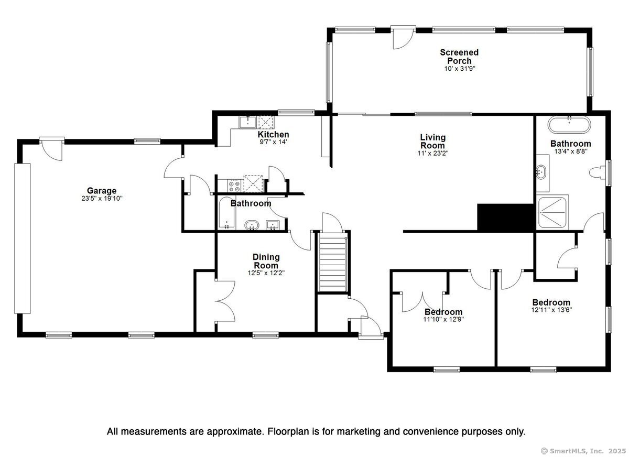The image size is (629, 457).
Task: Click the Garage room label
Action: (102, 191)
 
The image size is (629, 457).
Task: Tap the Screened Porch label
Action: (459, 57)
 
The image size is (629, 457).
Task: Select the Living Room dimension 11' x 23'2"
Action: (433, 153)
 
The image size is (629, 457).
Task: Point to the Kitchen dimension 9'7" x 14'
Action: (273, 142)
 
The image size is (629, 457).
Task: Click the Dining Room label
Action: (266, 261)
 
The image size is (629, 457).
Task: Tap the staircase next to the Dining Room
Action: (333, 264)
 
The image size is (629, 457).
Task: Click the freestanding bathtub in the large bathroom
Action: (569, 125)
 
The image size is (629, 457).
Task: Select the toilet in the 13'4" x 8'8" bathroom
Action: (597, 172)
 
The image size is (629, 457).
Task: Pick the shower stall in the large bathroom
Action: (552, 212)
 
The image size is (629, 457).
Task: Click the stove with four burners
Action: (234, 186)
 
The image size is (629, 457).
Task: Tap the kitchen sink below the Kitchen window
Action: (247, 123)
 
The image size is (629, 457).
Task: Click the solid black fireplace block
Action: (505, 217)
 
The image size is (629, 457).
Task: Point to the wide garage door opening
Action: (23, 238)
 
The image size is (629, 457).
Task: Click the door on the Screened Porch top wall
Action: (403, 37)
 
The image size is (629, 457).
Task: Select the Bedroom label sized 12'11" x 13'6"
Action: (551, 302)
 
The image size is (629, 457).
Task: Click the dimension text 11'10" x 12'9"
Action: (443, 319)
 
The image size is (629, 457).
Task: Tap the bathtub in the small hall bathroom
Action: (226, 213)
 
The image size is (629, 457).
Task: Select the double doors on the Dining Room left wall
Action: (225, 300)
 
